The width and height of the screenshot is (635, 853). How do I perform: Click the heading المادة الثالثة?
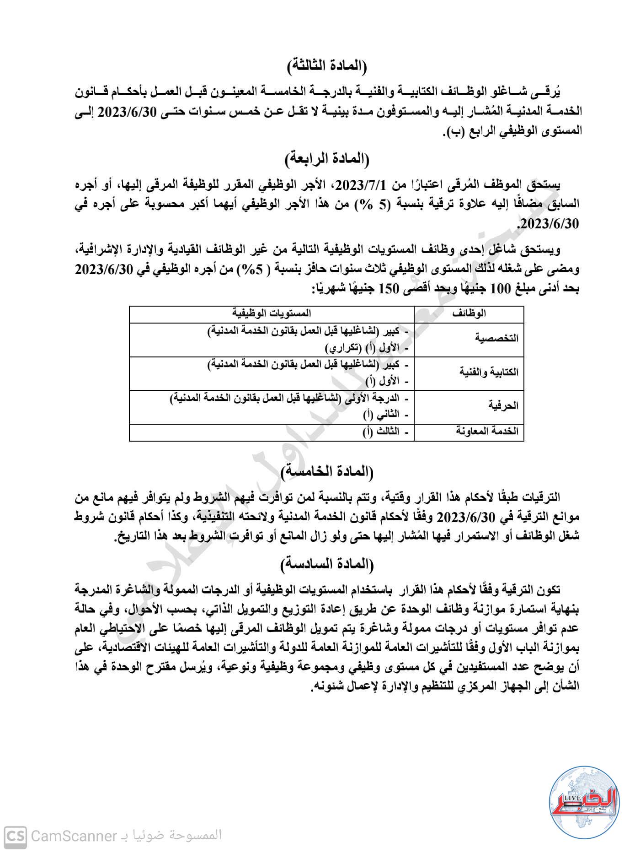click(327, 66)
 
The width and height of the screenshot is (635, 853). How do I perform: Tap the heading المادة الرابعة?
click(327, 159)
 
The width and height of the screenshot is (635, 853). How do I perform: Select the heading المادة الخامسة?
click(327, 471)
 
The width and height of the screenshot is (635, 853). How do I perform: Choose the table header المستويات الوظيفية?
click(272, 313)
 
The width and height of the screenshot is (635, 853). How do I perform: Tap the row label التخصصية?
click(497, 339)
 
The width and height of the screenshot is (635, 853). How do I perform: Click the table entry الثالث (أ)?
click(381, 432)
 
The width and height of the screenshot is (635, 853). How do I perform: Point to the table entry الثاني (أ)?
click(381, 415)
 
